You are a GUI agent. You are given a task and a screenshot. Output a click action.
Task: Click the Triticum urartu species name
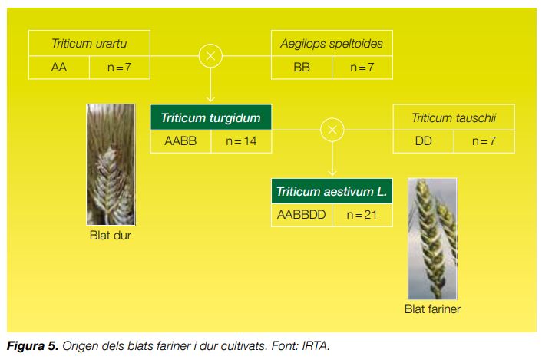coord(89,44)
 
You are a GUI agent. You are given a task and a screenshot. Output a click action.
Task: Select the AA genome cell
coord(59,68)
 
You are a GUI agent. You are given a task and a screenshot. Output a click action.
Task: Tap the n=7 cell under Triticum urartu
coord(120,68)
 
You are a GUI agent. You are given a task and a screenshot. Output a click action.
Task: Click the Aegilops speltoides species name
coord(332,44)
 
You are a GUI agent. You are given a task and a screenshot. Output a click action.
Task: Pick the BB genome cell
coord(302,68)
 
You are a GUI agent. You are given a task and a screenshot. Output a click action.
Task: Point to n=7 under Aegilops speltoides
coord(362,68)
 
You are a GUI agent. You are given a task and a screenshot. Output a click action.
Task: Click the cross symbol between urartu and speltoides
coord(210,56)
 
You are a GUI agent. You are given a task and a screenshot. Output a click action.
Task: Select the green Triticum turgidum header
coord(211,117)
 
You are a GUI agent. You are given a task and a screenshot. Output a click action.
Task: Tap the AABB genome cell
coord(180,141)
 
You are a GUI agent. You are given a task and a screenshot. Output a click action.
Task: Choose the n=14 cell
coord(241,141)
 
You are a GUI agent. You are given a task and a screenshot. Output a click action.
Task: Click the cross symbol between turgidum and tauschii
coord(332,130)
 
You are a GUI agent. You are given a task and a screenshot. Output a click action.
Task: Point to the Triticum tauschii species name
coord(454,117)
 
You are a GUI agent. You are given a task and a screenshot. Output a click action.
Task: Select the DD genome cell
coord(424,141)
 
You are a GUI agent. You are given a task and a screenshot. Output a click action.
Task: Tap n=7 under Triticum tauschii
coord(484,141)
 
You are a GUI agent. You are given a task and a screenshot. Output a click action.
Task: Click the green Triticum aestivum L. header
coord(332,191)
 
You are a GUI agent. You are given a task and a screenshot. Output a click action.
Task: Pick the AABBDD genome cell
coord(302,215)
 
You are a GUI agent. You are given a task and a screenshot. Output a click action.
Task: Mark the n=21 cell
coord(362,215)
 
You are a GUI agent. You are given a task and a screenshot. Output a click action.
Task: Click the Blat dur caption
coord(111,236)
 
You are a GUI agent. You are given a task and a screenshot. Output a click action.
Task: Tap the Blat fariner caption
coord(432,309)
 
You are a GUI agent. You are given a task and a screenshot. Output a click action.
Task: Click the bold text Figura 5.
coord(32,346)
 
